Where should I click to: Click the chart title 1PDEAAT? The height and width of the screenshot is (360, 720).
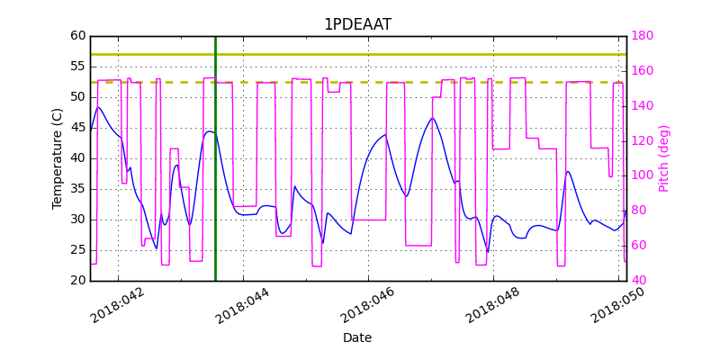(x=357, y=24)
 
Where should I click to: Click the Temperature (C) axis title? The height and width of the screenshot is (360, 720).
(x=58, y=158)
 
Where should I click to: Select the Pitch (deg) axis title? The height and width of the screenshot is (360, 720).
(x=664, y=158)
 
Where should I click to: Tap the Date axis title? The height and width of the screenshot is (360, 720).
(x=357, y=338)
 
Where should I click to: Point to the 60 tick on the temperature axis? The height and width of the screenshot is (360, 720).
(x=78, y=36)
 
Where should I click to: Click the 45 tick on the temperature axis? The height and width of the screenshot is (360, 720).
(x=78, y=128)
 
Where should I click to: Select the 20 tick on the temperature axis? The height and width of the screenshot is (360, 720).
(x=78, y=281)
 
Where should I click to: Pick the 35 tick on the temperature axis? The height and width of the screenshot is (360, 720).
(x=78, y=189)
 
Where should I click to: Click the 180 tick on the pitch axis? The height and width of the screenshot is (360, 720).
(x=642, y=36)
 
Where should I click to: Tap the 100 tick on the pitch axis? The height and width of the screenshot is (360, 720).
(x=642, y=175)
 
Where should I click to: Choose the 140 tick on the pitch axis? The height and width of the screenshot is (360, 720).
(x=642, y=106)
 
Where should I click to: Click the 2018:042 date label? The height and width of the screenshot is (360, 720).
(x=118, y=306)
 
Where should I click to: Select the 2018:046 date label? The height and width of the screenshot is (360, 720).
(x=366, y=306)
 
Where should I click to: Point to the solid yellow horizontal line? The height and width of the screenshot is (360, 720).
(x=360, y=54)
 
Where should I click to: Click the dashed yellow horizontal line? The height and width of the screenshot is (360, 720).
(x=360, y=83)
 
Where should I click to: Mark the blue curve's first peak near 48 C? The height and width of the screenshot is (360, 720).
(x=98, y=107)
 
